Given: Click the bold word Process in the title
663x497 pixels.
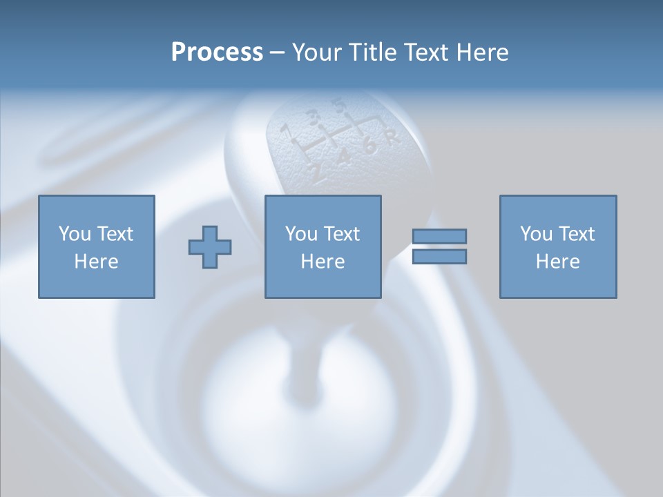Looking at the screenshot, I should pyautogui.click(x=217, y=52).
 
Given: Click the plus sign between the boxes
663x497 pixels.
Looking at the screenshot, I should pyautogui.click(x=210, y=246).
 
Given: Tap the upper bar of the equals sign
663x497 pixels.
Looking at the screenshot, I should pyautogui.click(x=439, y=236).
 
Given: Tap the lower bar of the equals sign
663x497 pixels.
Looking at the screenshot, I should pyautogui.click(x=439, y=257).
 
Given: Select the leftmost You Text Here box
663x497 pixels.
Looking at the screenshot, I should pyautogui.click(x=96, y=246).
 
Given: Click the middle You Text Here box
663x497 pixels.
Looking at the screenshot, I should pyautogui.click(x=323, y=246).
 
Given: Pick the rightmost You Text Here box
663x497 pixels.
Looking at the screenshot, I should pyautogui.click(x=557, y=246).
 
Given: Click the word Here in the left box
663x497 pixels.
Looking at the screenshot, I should pyautogui.click(x=96, y=262).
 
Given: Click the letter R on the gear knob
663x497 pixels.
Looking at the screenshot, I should pyautogui.click(x=392, y=137).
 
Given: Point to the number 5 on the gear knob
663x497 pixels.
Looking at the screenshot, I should pyautogui.click(x=338, y=105).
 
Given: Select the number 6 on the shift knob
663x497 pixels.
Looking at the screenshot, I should pyautogui.click(x=369, y=146).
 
